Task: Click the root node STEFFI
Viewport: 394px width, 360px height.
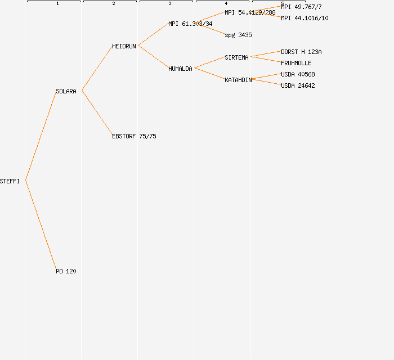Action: pyautogui.click(x=10, y=181)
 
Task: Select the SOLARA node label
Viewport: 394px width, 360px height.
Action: pyautogui.click(x=66, y=91)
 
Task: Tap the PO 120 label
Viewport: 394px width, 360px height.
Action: pyautogui.click(x=66, y=271)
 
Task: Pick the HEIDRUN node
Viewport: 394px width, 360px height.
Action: pyautogui.click(x=124, y=46)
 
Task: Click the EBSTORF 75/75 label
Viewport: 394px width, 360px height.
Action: pyautogui.click(x=134, y=136)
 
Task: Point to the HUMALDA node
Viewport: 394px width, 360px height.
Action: pyautogui.click(x=180, y=69)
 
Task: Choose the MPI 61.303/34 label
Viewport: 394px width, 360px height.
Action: pyautogui.click(x=190, y=24)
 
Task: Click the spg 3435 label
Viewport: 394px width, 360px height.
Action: pyautogui.click(x=238, y=35)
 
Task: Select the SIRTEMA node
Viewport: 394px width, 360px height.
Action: pyautogui.click(x=236, y=57)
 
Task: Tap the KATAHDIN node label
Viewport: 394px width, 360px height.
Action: pyautogui.click(x=238, y=80)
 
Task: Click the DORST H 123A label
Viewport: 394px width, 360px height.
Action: pyautogui.click(x=301, y=52)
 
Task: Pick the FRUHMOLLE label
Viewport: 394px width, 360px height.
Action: pyautogui.click(x=296, y=63)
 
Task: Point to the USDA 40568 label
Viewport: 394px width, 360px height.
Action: pyautogui.click(x=298, y=74)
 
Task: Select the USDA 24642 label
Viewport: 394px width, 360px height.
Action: pyautogui.click(x=298, y=85)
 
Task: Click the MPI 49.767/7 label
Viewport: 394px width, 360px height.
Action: pyautogui.click(x=301, y=7)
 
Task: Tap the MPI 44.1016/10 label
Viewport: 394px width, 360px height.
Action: pyautogui.click(x=305, y=18)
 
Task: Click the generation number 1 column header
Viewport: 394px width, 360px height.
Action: pyautogui.click(x=57, y=4)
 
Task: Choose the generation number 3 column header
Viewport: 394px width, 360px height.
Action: pyautogui.click(x=170, y=4)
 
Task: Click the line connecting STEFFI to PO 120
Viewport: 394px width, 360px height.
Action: pyautogui.click(x=41, y=225)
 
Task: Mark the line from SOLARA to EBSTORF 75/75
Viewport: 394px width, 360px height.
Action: pyautogui.click(x=97, y=112)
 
